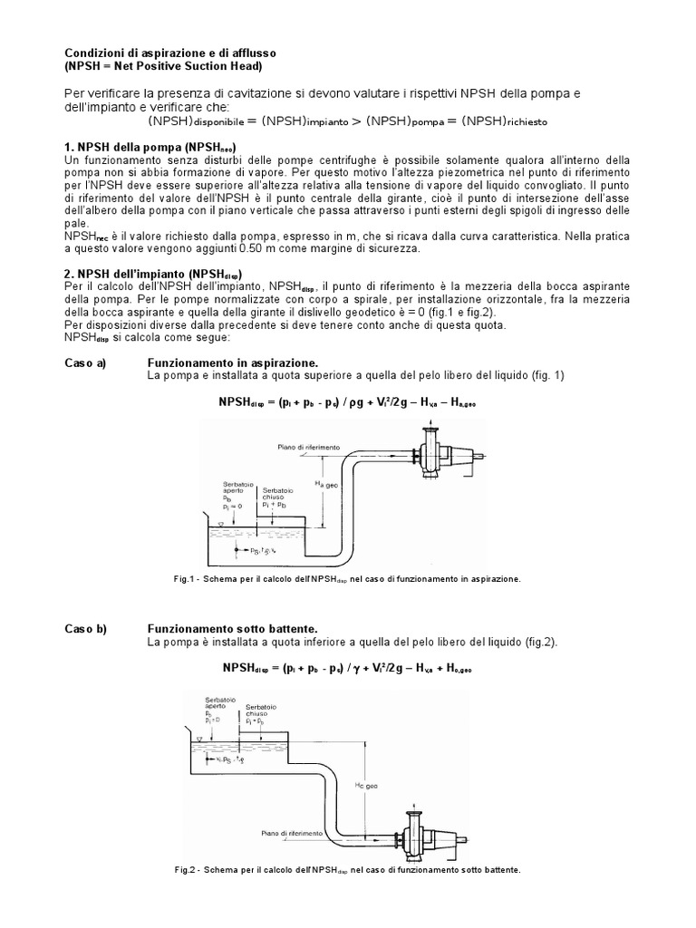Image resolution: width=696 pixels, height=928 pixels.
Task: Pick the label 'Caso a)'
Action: tap(85, 362)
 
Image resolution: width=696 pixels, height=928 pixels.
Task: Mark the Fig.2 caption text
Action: tap(348, 869)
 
